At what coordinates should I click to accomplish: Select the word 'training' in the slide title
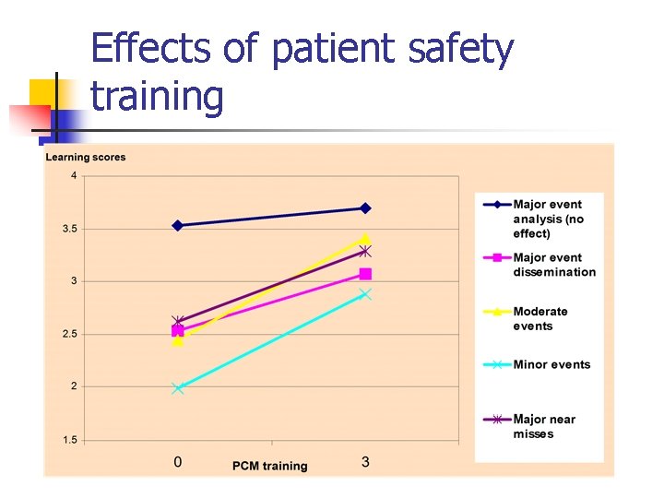pyautogui.click(x=158, y=97)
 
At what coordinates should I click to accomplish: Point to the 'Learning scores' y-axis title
pyautogui.click(x=86, y=157)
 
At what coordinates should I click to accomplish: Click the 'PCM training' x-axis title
pyautogui.click(x=270, y=466)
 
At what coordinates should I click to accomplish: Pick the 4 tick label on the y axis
pyautogui.click(x=74, y=176)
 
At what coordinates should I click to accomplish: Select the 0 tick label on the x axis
pyautogui.click(x=178, y=461)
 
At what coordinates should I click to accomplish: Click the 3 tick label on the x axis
pyautogui.click(x=365, y=461)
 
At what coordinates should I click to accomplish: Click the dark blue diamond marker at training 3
pyautogui.click(x=365, y=208)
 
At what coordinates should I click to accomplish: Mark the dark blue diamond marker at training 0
pyautogui.click(x=178, y=225)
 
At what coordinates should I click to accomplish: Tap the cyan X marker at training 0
pyautogui.click(x=178, y=388)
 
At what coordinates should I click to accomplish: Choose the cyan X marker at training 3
pyautogui.click(x=365, y=294)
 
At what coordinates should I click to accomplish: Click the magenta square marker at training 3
pyautogui.click(x=365, y=274)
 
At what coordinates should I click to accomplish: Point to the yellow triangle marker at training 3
pyautogui.click(x=365, y=239)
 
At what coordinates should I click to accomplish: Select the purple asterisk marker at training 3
pyautogui.click(x=365, y=251)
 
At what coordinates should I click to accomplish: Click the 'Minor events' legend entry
pyautogui.click(x=551, y=364)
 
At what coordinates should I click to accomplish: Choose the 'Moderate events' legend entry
pyautogui.click(x=540, y=319)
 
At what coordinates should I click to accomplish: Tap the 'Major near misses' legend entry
pyautogui.click(x=544, y=426)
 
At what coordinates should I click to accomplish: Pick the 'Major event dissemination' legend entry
pyautogui.click(x=553, y=265)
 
